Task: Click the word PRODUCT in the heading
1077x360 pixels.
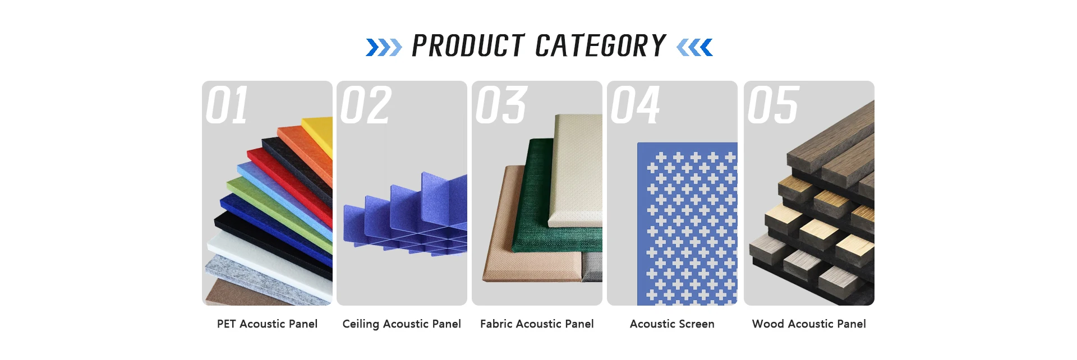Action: [468, 46]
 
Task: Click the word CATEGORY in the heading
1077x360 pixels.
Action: [601, 46]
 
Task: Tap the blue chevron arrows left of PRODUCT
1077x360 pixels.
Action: [384, 48]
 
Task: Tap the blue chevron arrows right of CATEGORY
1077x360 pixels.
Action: [694, 48]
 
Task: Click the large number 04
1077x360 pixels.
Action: [636, 105]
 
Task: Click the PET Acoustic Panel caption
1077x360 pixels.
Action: [267, 324]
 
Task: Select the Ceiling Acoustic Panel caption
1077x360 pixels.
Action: [402, 324]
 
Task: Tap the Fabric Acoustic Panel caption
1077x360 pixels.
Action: [537, 324]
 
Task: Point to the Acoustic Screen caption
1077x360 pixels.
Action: [672, 324]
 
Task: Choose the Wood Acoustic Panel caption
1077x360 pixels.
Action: [809, 324]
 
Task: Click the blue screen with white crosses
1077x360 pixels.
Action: [688, 224]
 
